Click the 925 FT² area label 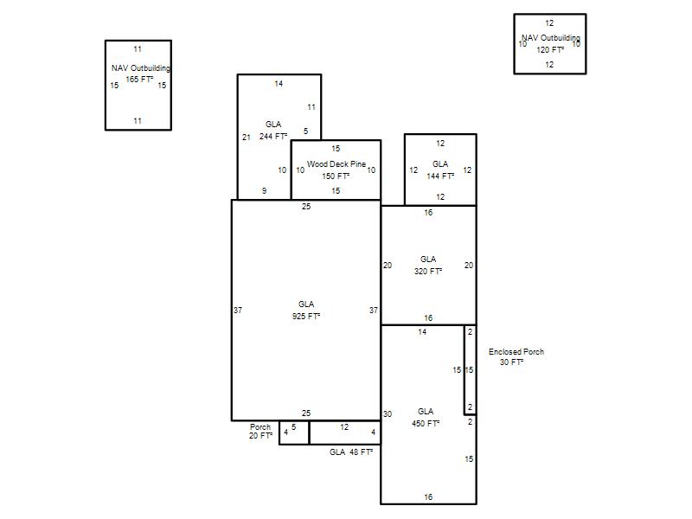click(306, 317)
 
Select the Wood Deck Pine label click(336, 164)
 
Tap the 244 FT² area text click(273, 137)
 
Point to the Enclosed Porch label click(516, 352)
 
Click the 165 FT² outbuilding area click(139, 80)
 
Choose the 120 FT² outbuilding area click(550, 50)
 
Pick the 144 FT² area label click(440, 176)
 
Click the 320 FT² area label click(428, 272)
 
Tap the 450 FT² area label click(426, 424)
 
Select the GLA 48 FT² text click(351, 452)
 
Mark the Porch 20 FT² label click(260, 431)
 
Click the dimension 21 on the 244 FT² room click(247, 138)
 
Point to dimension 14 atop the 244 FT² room click(279, 83)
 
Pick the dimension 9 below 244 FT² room click(264, 190)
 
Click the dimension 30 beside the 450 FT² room click(387, 414)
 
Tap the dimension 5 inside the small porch click(293, 426)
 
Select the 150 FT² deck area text click(336, 176)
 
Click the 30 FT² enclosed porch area click(511, 362)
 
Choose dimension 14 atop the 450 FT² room click(422, 332)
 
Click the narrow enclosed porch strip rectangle click(465, 370)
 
